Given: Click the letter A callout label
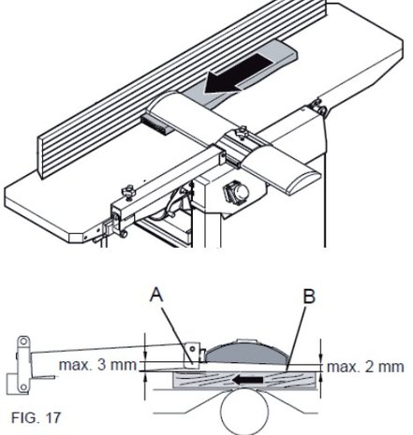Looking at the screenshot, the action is (x=156, y=295).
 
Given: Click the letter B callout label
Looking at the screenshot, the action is (x=309, y=297).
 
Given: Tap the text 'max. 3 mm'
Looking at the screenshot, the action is (x=97, y=365).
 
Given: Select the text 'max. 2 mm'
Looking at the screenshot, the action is (x=365, y=367).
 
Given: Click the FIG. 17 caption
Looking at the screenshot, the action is (x=36, y=417).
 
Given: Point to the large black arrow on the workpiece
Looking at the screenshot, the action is (x=239, y=74).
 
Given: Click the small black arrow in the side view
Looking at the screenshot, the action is (x=247, y=380).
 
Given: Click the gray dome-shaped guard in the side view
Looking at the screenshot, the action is (x=246, y=352).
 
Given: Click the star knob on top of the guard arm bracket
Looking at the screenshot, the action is (x=242, y=131).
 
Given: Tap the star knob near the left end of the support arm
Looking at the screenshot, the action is (x=128, y=191).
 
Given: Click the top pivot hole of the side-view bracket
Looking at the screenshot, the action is (x=23, y=341).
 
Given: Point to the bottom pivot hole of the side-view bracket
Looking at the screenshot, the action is (x=23, y=387).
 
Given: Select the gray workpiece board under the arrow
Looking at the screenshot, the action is (x=241, y=73).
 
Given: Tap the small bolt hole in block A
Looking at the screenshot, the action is (x=193, y=348).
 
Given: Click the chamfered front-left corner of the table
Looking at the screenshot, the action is (x=76, y=237).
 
